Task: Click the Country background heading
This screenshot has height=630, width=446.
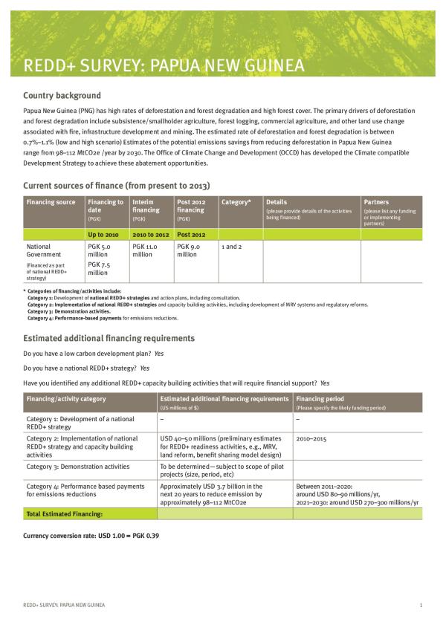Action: click(x=62, y=96)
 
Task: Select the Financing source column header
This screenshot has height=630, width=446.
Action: click(x=51, y=202)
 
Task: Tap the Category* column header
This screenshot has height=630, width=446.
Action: click(x=236, y=202)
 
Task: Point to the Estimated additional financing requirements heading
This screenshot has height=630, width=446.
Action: click(x=109, y=338)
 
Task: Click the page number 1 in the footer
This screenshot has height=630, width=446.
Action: click(x=421, y=606)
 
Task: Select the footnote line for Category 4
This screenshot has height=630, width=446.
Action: click(x=103, y=317)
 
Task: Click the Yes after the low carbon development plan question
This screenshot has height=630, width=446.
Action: click(x=159, y=353)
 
